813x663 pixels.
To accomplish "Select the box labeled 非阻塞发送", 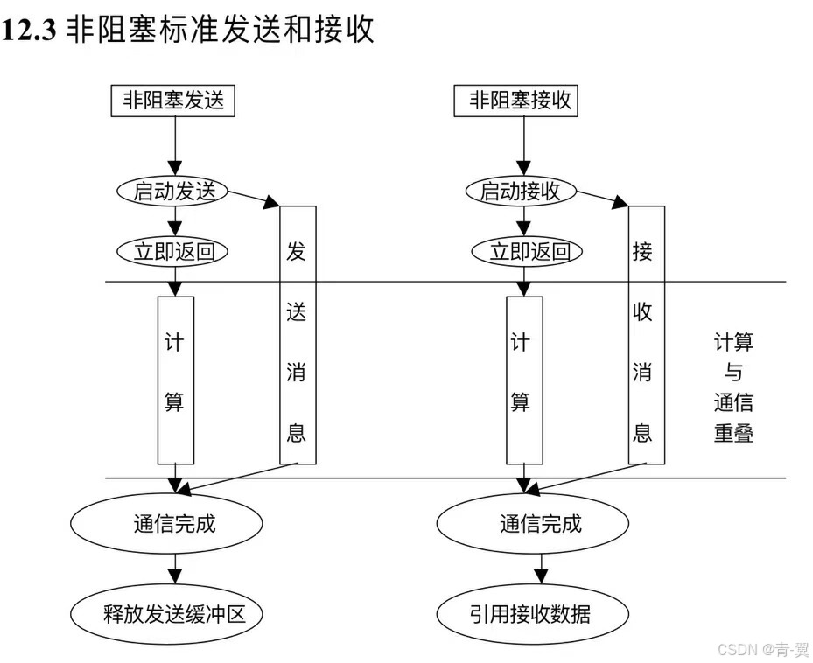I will (173, 101).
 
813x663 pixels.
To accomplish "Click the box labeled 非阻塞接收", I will (520, 101).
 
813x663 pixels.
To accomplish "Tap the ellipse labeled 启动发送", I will (173, 192).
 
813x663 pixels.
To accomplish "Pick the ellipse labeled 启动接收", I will (520, 192).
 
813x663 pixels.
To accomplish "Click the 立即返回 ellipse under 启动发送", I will (173, 252).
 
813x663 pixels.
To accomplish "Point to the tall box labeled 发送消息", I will (297, 334).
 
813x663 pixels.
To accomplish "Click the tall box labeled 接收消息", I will (645, 334).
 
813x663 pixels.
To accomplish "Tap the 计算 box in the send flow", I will (175, 380).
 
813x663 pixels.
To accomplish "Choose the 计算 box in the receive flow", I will (523, 380).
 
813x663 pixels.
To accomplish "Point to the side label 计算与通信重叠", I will (732, 387).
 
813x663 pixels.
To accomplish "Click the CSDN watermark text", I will (762, 649).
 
